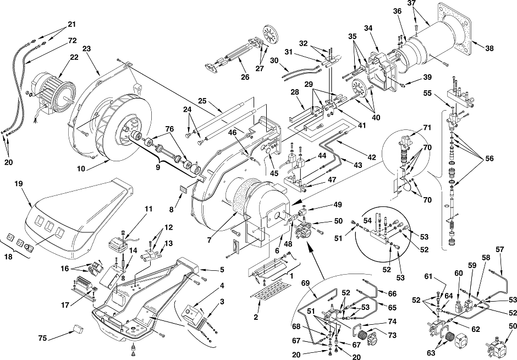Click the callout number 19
19,183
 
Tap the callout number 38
490,48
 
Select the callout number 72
72,41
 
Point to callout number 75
42,338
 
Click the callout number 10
81,169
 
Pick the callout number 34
369,29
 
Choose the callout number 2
256,318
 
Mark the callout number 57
500,249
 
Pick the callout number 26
245,77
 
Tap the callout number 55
427,94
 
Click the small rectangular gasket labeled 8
183,189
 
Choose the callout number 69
306,283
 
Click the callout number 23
86,48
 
